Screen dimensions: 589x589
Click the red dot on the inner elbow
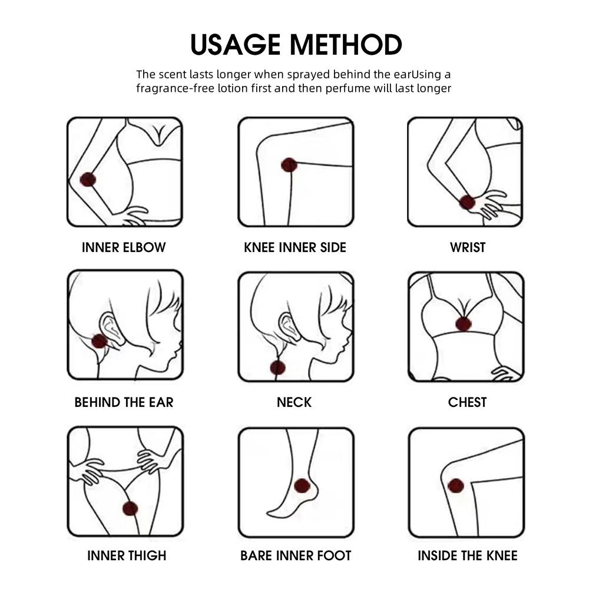click(x=88, y=180)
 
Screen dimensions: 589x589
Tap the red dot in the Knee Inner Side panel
click(x=289, y=165)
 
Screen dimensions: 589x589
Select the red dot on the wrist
click(x=467, y=203)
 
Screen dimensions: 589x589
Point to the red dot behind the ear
click(x=100, y=341)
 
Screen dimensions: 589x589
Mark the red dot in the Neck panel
click(x=278, y=368)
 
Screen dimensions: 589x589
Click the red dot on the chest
click(x=463, y=324)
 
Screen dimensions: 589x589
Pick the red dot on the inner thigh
click(x=130, y=509)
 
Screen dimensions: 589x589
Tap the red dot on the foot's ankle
click(x=302, y=486)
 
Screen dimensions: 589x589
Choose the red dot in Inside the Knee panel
click(x=456, y=486)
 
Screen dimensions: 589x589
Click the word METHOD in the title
click(x=346, y=45)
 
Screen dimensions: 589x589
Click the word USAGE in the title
click(x=236, y=45)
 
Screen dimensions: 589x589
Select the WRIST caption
click(x=468, y=247)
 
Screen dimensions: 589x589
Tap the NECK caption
click(x=294, y=402)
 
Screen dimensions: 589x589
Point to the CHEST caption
click(x=467, y=402)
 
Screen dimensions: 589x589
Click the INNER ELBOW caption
click(x=124, y=247)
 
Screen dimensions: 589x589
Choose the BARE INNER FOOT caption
click(x=296, y=555)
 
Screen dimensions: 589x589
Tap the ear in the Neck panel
click(x=290, y=327)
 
